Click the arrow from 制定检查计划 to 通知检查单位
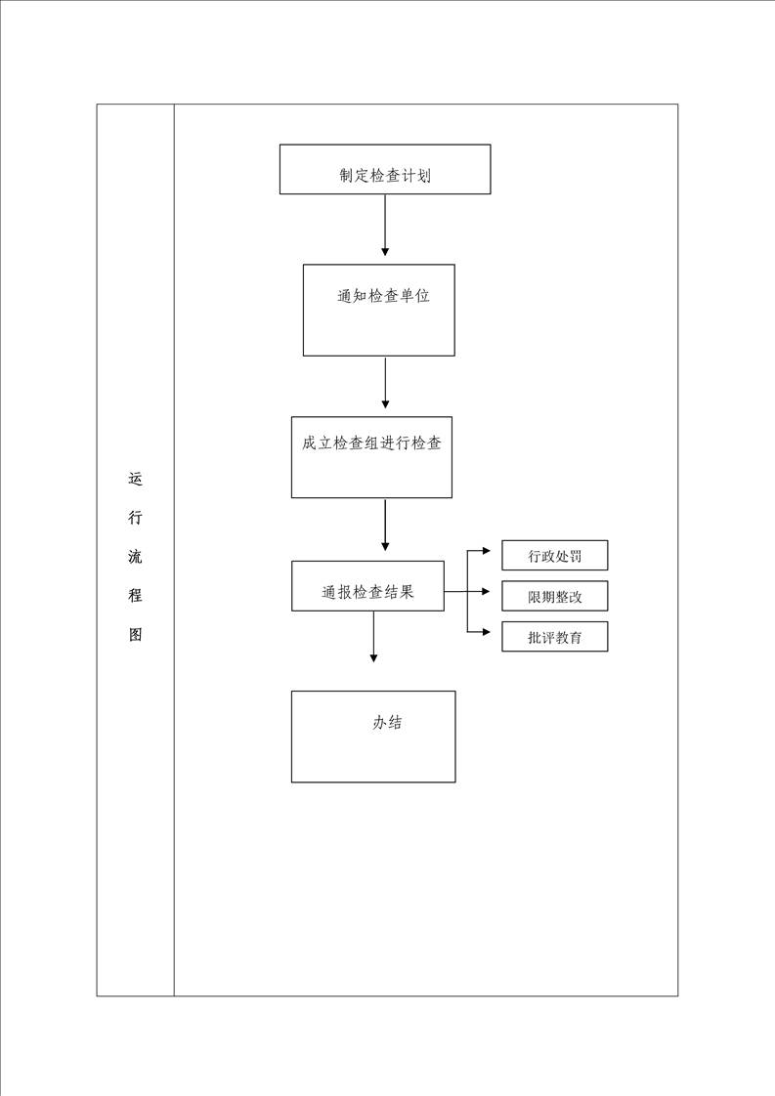click(x=385, y=225)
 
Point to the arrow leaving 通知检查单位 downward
click(x=385, y=383)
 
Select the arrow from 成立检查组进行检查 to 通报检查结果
click(x=385, y=525)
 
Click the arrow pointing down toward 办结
click(x=373, y=637)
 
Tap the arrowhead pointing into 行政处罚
click(x=487, y=551)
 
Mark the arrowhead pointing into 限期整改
click(x=487, y=591)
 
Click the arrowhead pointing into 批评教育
click(x=487, y=632)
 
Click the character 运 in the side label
click(x=135, y=479)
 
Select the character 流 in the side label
click(x=135, y=557)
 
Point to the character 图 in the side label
click(x=135, y=634)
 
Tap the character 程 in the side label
click(x=135, y=595)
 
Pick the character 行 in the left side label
click(x=135, y=518)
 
